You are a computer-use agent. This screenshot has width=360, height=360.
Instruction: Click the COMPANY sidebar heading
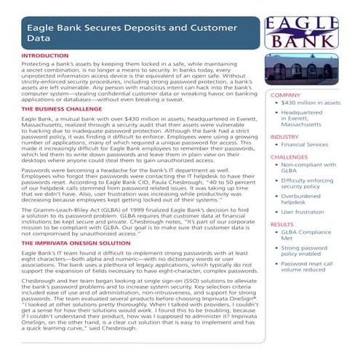(285, 95)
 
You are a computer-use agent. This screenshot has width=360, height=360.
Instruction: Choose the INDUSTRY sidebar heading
(284, 137)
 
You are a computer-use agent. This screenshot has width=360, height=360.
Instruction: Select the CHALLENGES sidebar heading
(289, 156)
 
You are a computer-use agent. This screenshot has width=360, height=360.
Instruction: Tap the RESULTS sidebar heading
(282, 225)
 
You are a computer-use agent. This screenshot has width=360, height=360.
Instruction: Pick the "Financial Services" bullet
(312, 145)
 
